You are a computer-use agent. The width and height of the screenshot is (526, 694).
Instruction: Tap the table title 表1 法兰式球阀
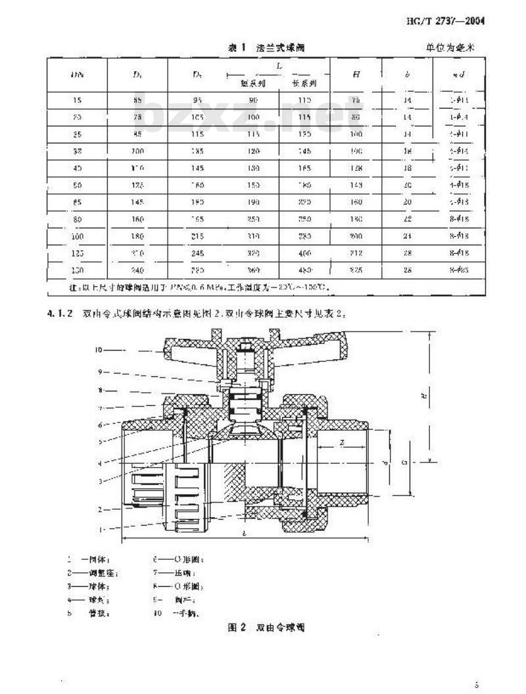click(x=266, y=48)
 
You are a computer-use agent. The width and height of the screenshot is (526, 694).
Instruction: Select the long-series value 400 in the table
click(x=305, y=252)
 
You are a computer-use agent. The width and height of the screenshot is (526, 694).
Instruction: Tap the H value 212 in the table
click(x=356, y=252)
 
